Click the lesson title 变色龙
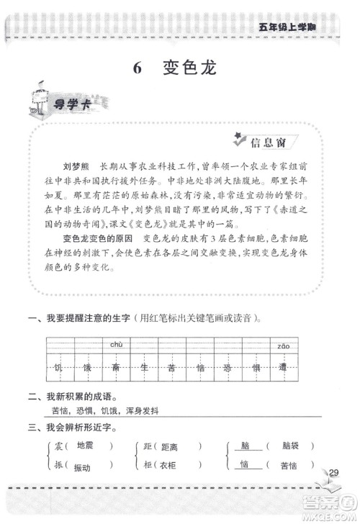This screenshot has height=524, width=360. point(189,69)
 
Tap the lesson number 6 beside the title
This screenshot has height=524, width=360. point(137,69)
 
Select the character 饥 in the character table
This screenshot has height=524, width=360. point(58,367)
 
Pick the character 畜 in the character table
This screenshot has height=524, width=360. point(114,367)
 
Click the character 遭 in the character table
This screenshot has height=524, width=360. point(283,367)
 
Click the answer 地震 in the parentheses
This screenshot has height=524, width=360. point(85,445)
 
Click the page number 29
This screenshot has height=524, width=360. point(333,472)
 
